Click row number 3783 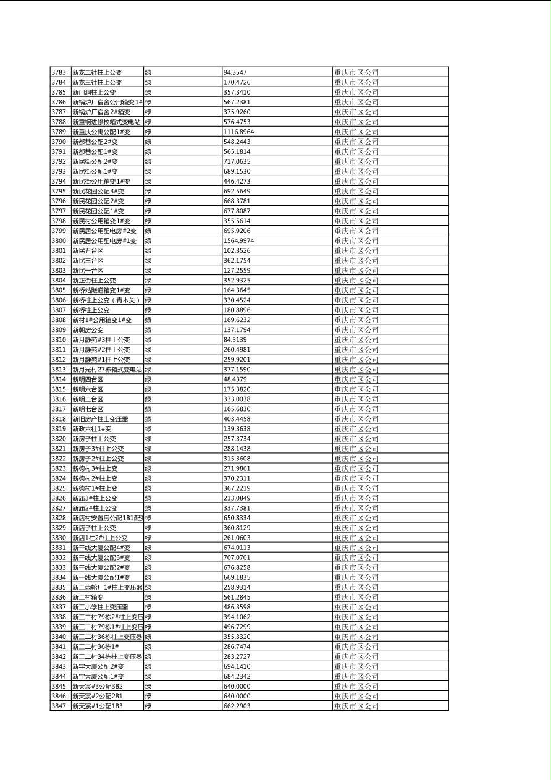point(59,72)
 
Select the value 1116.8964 point(238,132)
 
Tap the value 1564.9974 point(238,240)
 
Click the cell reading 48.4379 point(235,379)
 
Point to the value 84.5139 point(235,340)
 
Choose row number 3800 point(59,240)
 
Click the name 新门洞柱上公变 point(94,92)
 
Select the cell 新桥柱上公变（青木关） point(106,300)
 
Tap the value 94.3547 point(235,72)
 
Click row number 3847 point(59,706)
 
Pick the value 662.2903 point(237,706)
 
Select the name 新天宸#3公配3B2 point(98,686)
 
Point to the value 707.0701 point(237,557)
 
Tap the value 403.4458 point(237,419)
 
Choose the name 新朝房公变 point(88,330)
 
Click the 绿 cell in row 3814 point(148,379)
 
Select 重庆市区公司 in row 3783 point(356,72)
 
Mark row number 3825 point(59,488)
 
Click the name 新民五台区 point(88,250)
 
